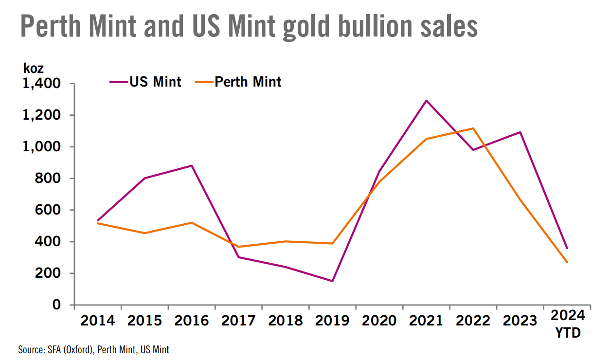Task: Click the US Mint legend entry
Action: click(x=146, y=82)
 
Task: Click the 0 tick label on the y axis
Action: click(x=57, y=305)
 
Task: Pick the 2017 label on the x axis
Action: click(x=239, y=321)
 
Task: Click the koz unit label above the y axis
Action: click(x=34, y=69)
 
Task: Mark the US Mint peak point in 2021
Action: click(x=427, y=101)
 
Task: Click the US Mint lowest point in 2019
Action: click(x=333, y=281)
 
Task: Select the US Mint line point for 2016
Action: click(x=192, y=166)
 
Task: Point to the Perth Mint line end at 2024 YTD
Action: click(x=567, y=262)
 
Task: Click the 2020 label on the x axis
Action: click(x=380, y=321)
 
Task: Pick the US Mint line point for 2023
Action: click(x=520, y=132)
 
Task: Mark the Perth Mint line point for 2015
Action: click(x=145, y=233)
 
